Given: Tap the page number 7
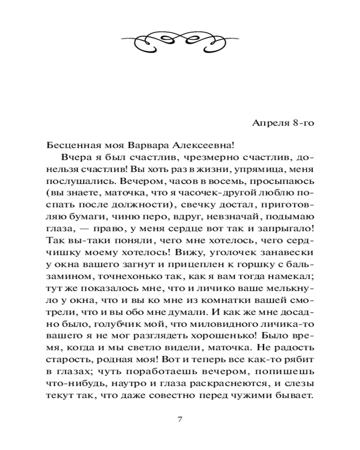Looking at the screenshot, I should click(x=180, y=419).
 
